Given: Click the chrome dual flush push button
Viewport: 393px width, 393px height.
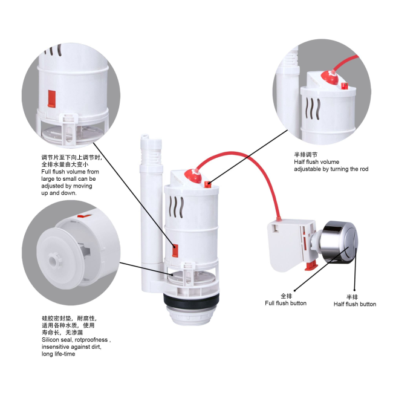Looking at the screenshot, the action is click(340, 242).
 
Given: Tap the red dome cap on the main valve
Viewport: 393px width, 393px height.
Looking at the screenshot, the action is click(193, 176).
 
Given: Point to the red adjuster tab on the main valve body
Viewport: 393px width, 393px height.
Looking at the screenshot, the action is click(175, 251).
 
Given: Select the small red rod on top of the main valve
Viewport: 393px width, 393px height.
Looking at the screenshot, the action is click(207, 184).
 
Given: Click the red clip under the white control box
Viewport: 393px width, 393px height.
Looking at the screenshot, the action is click(311, 265).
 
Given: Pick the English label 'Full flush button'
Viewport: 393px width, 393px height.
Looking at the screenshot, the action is click(286, 304).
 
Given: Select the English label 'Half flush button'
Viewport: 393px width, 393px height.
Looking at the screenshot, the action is click(355, 304).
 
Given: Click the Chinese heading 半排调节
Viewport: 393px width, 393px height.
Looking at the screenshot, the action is click(306, 155).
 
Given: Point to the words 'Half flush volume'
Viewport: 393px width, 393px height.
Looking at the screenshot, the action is click(317, 162).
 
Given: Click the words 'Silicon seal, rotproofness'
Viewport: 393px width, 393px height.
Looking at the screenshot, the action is click(75, 340).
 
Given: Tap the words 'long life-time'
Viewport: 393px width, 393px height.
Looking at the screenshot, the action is click(59, 354).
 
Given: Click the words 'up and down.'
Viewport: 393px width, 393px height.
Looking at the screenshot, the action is click(59, 193).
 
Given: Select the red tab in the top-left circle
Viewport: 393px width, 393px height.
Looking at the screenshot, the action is click(51, 99).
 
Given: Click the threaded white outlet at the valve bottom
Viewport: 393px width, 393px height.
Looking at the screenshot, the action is click(191, 315).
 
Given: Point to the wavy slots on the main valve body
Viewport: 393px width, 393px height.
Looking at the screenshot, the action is click(177, 207).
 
